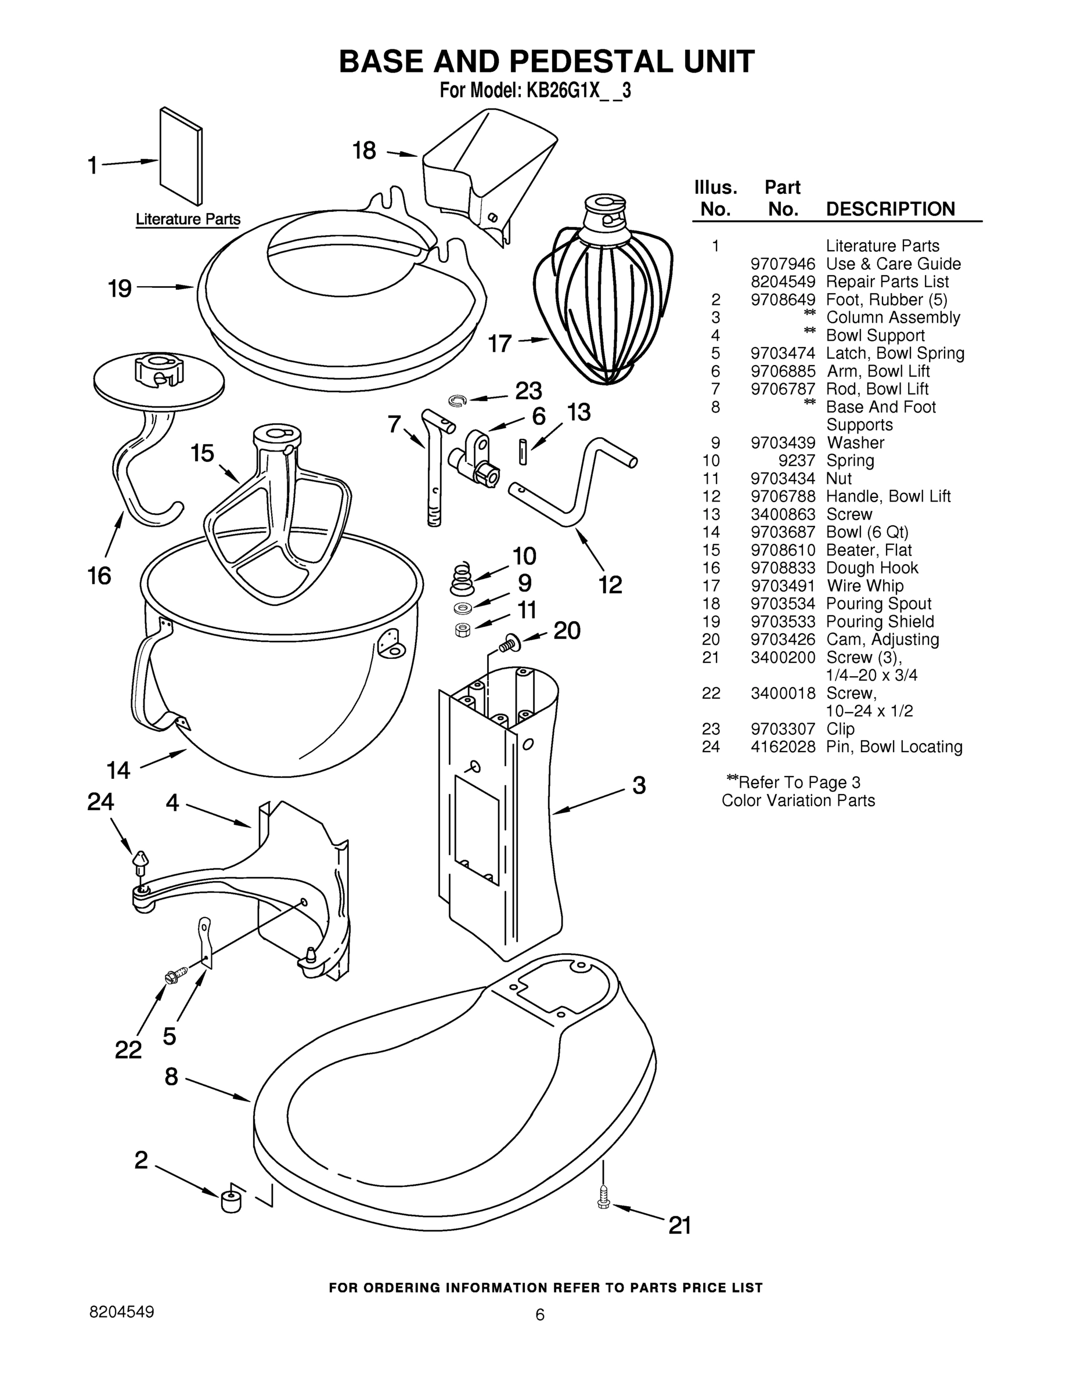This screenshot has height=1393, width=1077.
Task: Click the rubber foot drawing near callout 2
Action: click(x=230, y=1201)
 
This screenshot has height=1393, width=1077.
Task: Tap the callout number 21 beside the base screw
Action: click(x=679, y=1225)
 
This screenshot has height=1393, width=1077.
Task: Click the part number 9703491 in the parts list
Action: click(x=783, y=586)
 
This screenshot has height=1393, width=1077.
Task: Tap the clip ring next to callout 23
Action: click(x=458, y=400)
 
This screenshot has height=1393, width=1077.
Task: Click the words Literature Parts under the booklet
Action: click(x=188, y=219)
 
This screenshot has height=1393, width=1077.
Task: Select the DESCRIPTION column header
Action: click(x=890, y=209)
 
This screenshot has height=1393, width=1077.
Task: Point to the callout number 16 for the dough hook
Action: click(x=99, y=576)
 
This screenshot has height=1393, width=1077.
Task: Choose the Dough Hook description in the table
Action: click(x=872, y=568)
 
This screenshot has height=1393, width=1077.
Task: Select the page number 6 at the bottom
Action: click(x=540, y=1314)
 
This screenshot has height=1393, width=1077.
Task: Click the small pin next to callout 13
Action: click(x=523, y=451)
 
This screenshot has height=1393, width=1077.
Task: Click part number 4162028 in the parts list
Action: click(x=783, y=746)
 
